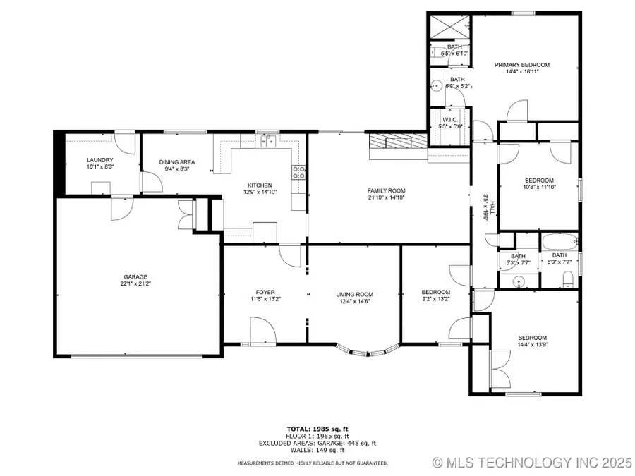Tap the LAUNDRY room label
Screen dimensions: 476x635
click(99, 160)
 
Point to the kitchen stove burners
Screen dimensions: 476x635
click(298, 173)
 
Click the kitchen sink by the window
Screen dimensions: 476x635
click(267, 142)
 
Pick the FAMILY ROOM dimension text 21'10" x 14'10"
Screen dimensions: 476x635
click(386, 199)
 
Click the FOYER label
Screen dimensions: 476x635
click(265, 293)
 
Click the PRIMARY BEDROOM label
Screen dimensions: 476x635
click(521, 65)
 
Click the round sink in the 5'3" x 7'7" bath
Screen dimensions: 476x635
click(519, 280)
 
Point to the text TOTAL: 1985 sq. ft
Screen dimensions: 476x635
click(317, 429)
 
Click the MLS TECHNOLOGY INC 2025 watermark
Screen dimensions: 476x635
click(532, 463)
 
